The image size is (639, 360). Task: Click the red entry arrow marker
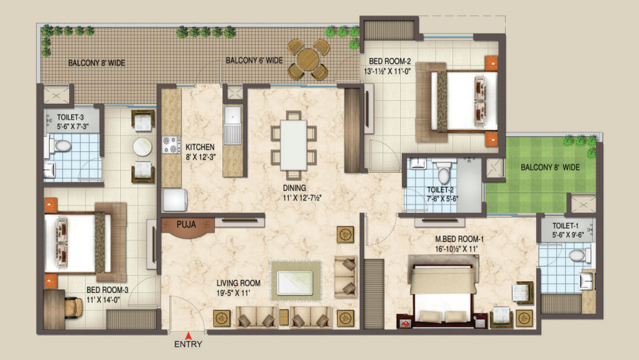[188, 336]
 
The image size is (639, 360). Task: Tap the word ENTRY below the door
[188, 344]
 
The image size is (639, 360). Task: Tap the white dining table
[294, 144]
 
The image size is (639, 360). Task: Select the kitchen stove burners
[170, 146]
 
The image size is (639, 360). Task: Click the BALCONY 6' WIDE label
[254, 60]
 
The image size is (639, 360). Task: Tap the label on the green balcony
[550, 167]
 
